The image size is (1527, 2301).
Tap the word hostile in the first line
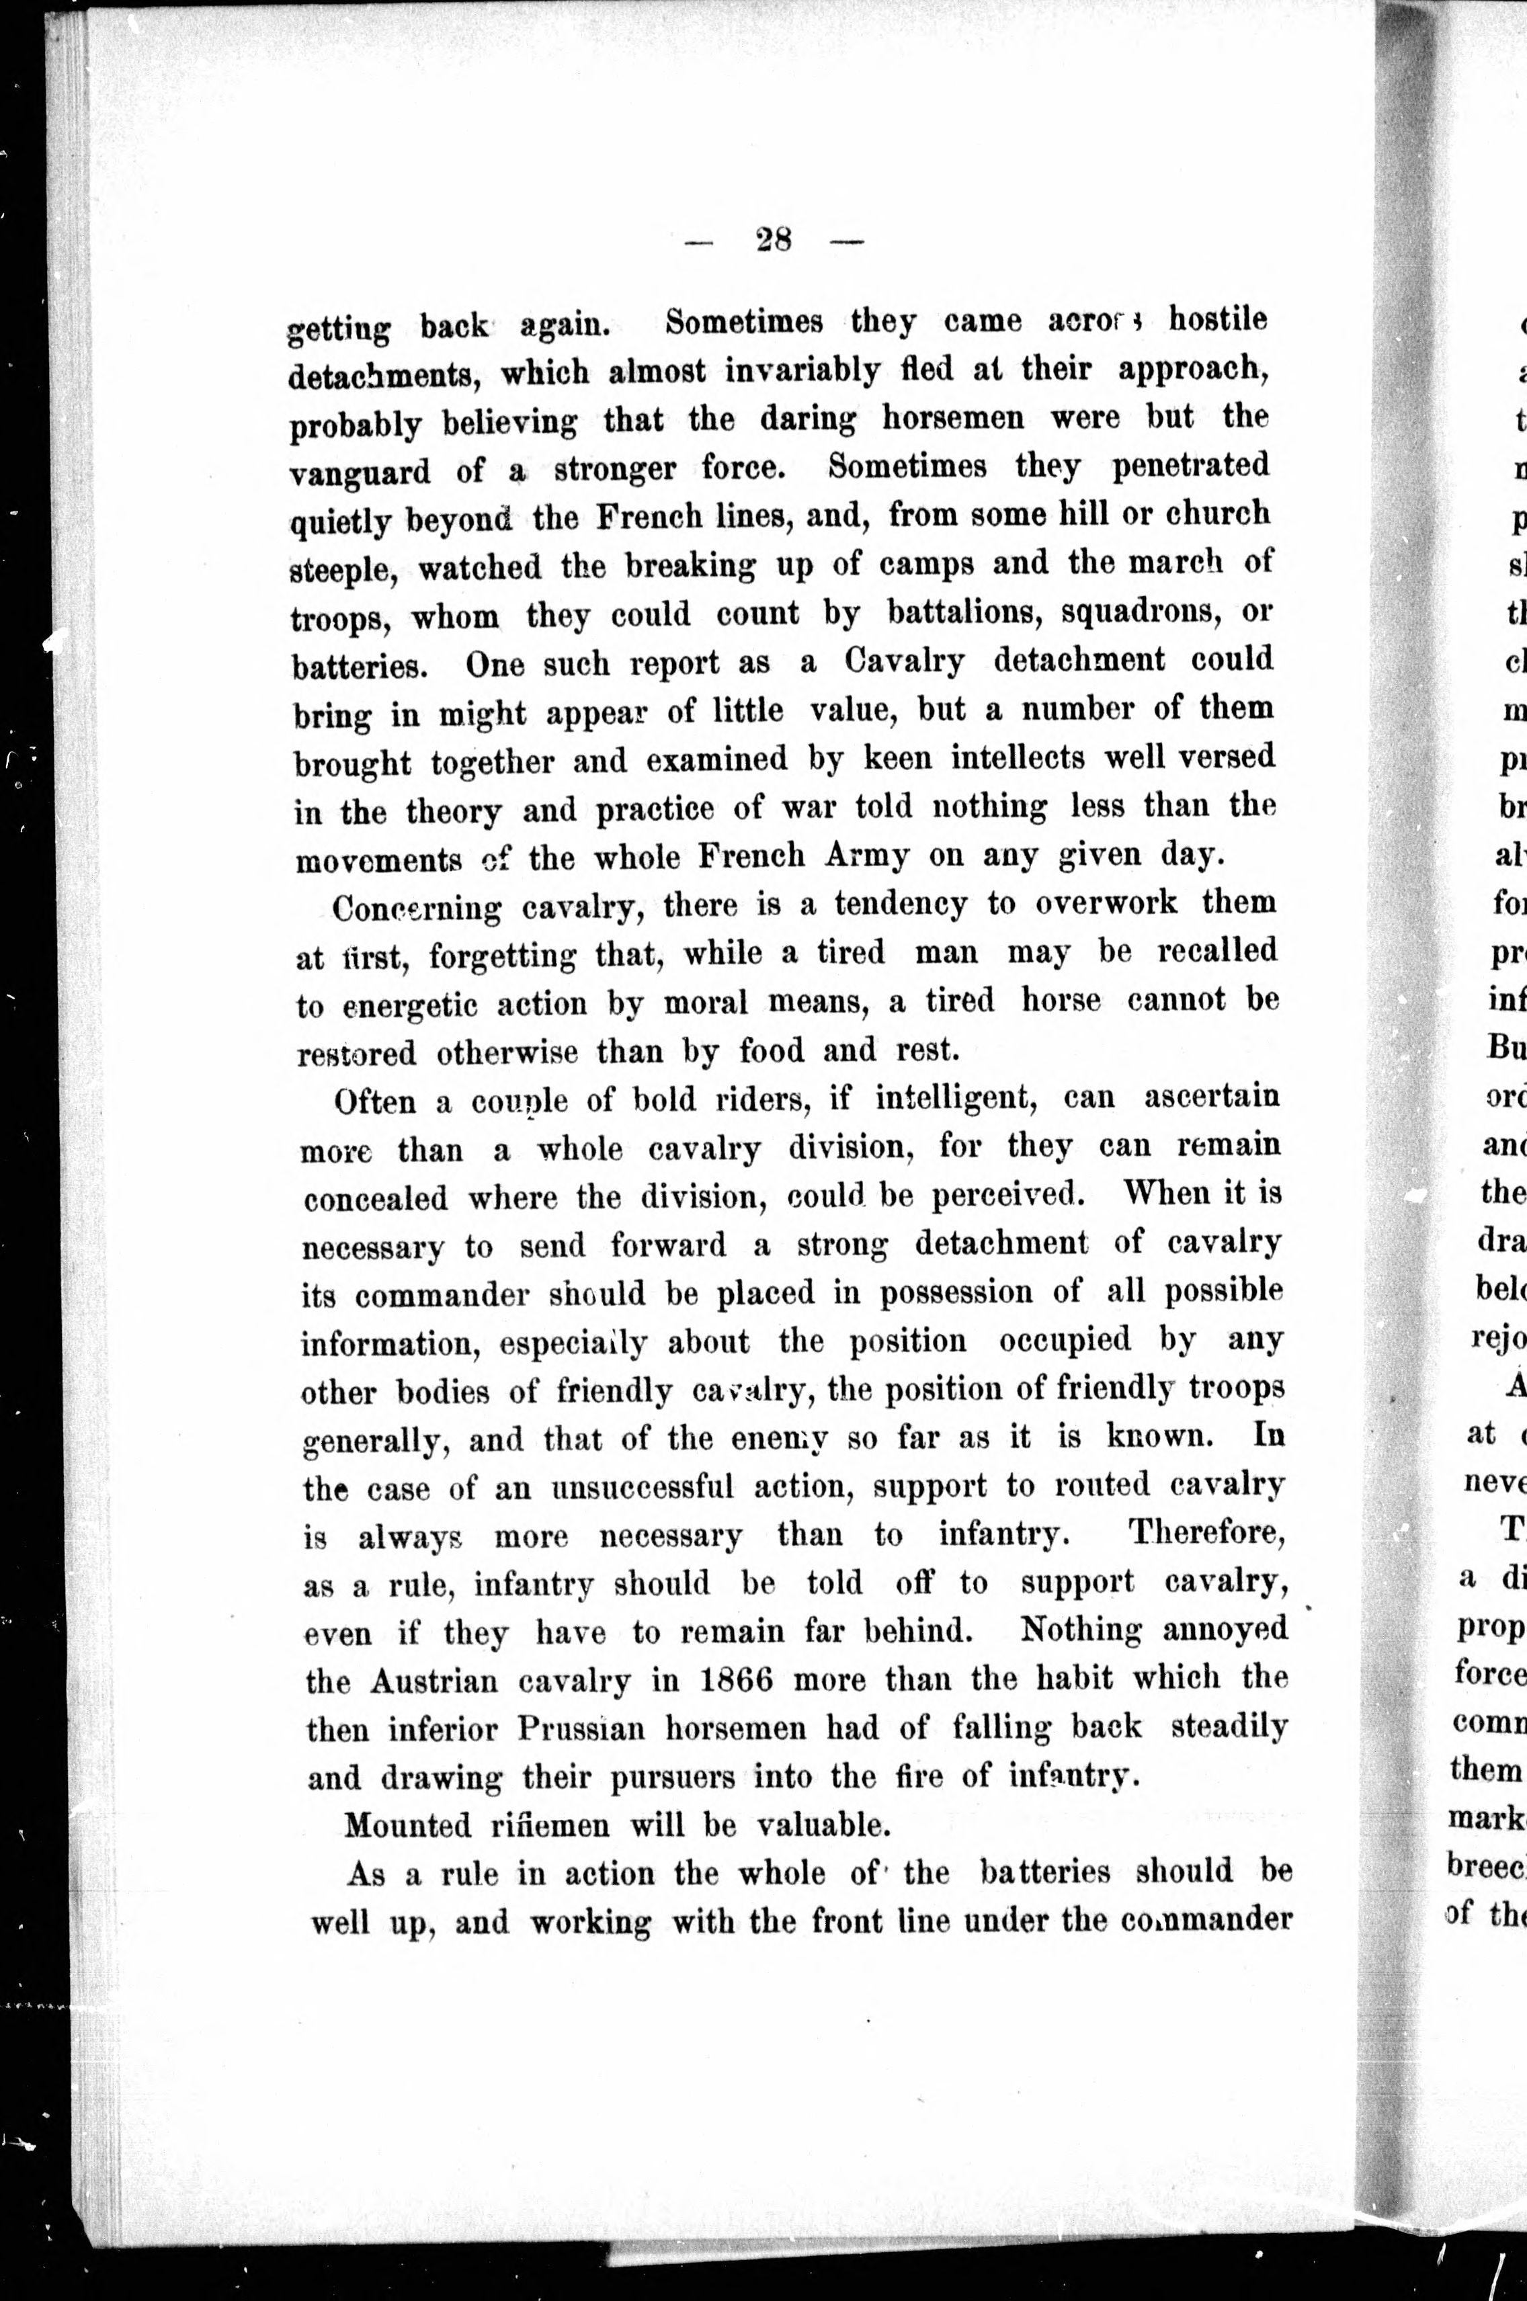[x=1217, y=319]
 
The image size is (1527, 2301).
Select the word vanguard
[x=360, y=472]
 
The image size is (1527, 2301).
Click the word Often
[x=375, y=1101]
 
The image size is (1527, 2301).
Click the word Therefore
[x=1206, y=1534]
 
